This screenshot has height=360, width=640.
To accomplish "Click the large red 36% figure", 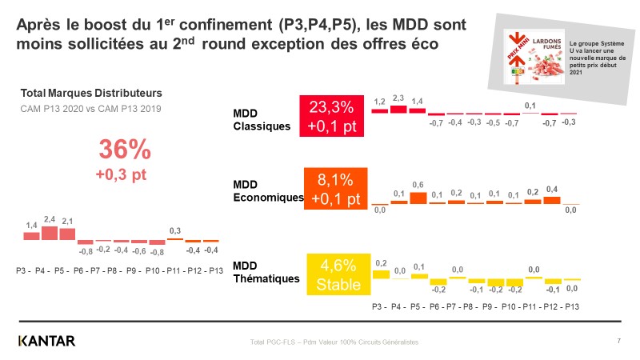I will tap(124, 150).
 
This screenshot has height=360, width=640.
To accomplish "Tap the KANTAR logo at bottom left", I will tap(47, 342).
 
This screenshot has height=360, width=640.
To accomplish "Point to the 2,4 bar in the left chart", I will tap(50, 233).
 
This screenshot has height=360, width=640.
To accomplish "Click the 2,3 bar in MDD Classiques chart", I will tap(398, 109).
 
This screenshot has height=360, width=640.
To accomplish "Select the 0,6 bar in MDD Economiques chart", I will tap(418, 198).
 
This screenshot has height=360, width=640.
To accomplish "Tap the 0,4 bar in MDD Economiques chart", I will tap(551, 200).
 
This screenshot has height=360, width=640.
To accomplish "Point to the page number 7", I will tap(619, 342).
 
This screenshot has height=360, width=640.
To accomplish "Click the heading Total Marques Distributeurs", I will tap(90, 93).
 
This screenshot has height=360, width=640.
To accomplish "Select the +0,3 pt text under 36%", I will tap(124, 174).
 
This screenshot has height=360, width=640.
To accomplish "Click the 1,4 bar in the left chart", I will tap(31, 235).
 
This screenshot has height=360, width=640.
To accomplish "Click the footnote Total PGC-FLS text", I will tap(334, 342).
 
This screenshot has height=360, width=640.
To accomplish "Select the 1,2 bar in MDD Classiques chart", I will tap(379, 110).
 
